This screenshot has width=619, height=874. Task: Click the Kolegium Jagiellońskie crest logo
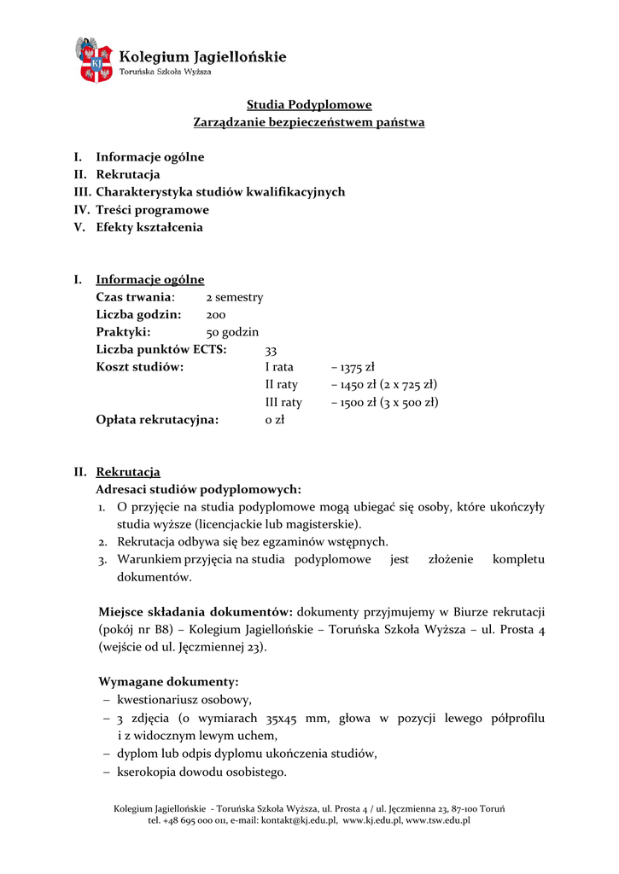pyautogui.click(x=95, y=60)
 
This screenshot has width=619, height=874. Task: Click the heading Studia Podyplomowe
pyautogui.click(x=309, y=105)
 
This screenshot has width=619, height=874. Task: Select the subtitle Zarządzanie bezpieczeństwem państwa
pyautogui.click(x=309, y=123)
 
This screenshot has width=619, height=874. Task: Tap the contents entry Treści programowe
pyautogui.click(x=152, y=210)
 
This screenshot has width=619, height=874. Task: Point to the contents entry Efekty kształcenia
pyautogui.click(x=149, y=228)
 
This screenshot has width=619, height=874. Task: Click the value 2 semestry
pyautogui.click(x=235, y=298)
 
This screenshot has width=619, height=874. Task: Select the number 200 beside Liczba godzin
pyautogui.click(x=216, y=315)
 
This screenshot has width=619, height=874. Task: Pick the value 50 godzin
pyautogui.click(x=232, y=333)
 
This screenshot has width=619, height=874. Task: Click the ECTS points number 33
pyautogui.click(x=272, y=351)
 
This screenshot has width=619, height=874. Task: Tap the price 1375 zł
pyautogui.click(x=357, y=368)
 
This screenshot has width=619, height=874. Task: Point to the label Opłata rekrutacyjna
pyautogui.click(x=157, y=420)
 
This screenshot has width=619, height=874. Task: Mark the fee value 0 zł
pyautogui.click(x=275, y=420)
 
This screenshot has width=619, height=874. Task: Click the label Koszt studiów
pyautogui.click(x=140, y=368)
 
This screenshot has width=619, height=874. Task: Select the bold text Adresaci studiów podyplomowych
pyautogui.click(x=198, y=490)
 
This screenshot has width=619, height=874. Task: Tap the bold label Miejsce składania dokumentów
pyautogui.click(x=196, y=613)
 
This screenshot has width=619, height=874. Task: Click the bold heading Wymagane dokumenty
pyautogui.click(x=169, y=683)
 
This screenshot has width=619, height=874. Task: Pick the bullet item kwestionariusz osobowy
pyautogui.click(x=184, y=700)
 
